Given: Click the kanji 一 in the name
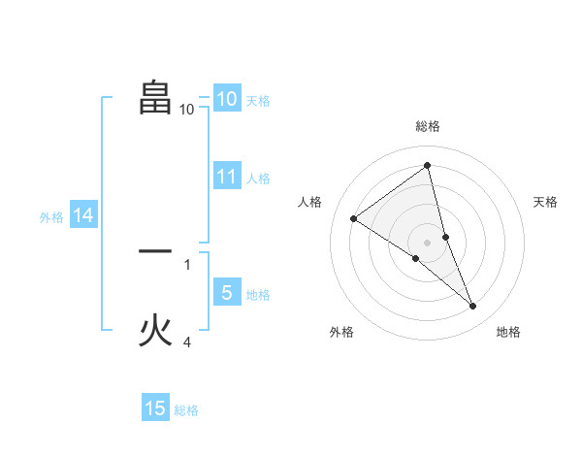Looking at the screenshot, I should point(155,251).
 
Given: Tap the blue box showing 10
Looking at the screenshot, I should point(226,99).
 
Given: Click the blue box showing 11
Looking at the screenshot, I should point(226,177).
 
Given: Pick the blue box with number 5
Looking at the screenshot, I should point(226,292).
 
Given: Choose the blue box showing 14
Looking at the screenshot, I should point(83,215).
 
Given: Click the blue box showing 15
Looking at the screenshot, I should point(155,408).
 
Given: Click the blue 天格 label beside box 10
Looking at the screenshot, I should point(258,101).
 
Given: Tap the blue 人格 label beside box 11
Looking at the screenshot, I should point(258,179).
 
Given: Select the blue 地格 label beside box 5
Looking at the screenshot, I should point(258,294).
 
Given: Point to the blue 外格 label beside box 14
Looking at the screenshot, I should point(51,217).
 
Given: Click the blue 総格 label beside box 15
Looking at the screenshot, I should point(186,410).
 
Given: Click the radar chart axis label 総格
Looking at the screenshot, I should point(427,127).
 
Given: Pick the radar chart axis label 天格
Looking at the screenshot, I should point(545,202).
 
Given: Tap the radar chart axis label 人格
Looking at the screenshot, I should point(309,202).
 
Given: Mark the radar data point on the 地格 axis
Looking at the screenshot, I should point(473,307).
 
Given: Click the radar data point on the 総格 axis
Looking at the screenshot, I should point(427,166).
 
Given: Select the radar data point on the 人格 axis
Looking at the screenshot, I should point(353,218).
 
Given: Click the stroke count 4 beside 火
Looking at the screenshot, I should point(187,342).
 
